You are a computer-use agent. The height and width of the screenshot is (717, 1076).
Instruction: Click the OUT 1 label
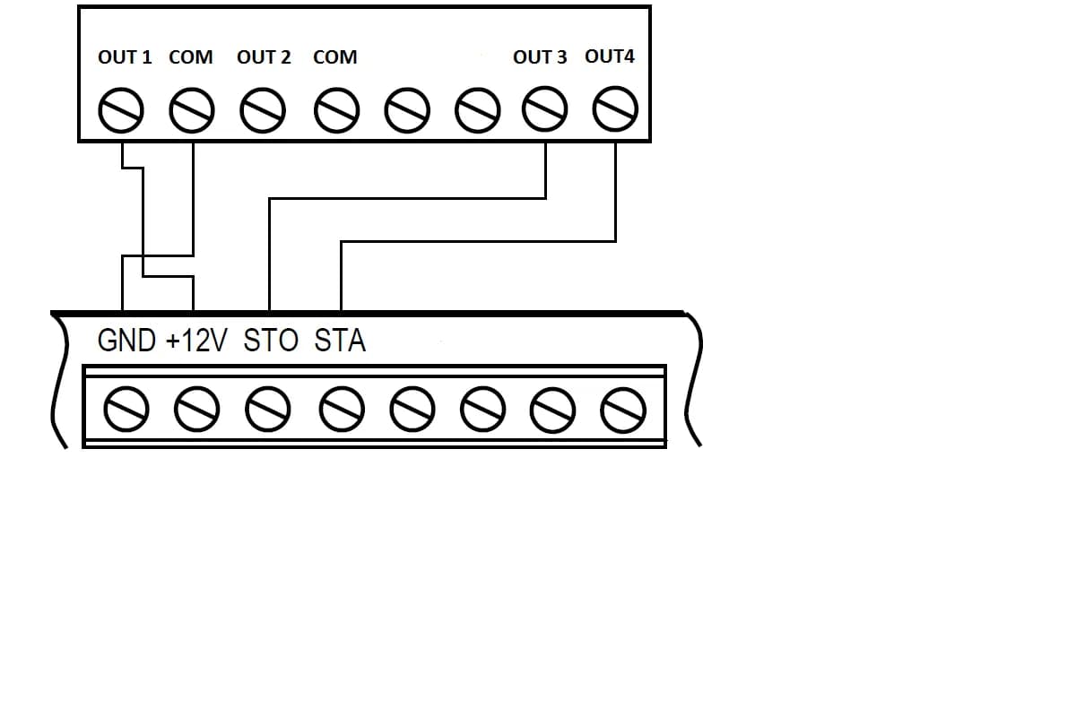pyautogui.click(x=125, y=57)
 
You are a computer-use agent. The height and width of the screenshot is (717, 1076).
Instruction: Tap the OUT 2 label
pyautogui.click(x=264, y=57)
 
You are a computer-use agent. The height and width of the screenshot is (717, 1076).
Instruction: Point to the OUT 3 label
pyautogui.click(x=540, y=57)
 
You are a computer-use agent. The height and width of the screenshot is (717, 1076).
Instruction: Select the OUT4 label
pyautogui.click(x=610, y=56)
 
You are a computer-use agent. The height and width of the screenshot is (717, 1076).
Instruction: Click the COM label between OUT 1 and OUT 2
pyautogui.click(x=191, y=57)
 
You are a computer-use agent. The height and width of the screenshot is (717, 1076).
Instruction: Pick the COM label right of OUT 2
pyautogui.click(x=335, y=57)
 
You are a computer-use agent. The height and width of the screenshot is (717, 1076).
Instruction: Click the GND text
pyautogui.click(x=126, y=341)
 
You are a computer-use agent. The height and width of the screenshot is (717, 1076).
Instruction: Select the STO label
pyautogui.click(x=271, y=341)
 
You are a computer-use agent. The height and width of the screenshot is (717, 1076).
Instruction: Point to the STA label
pyautogui.click(x=341, y=341)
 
